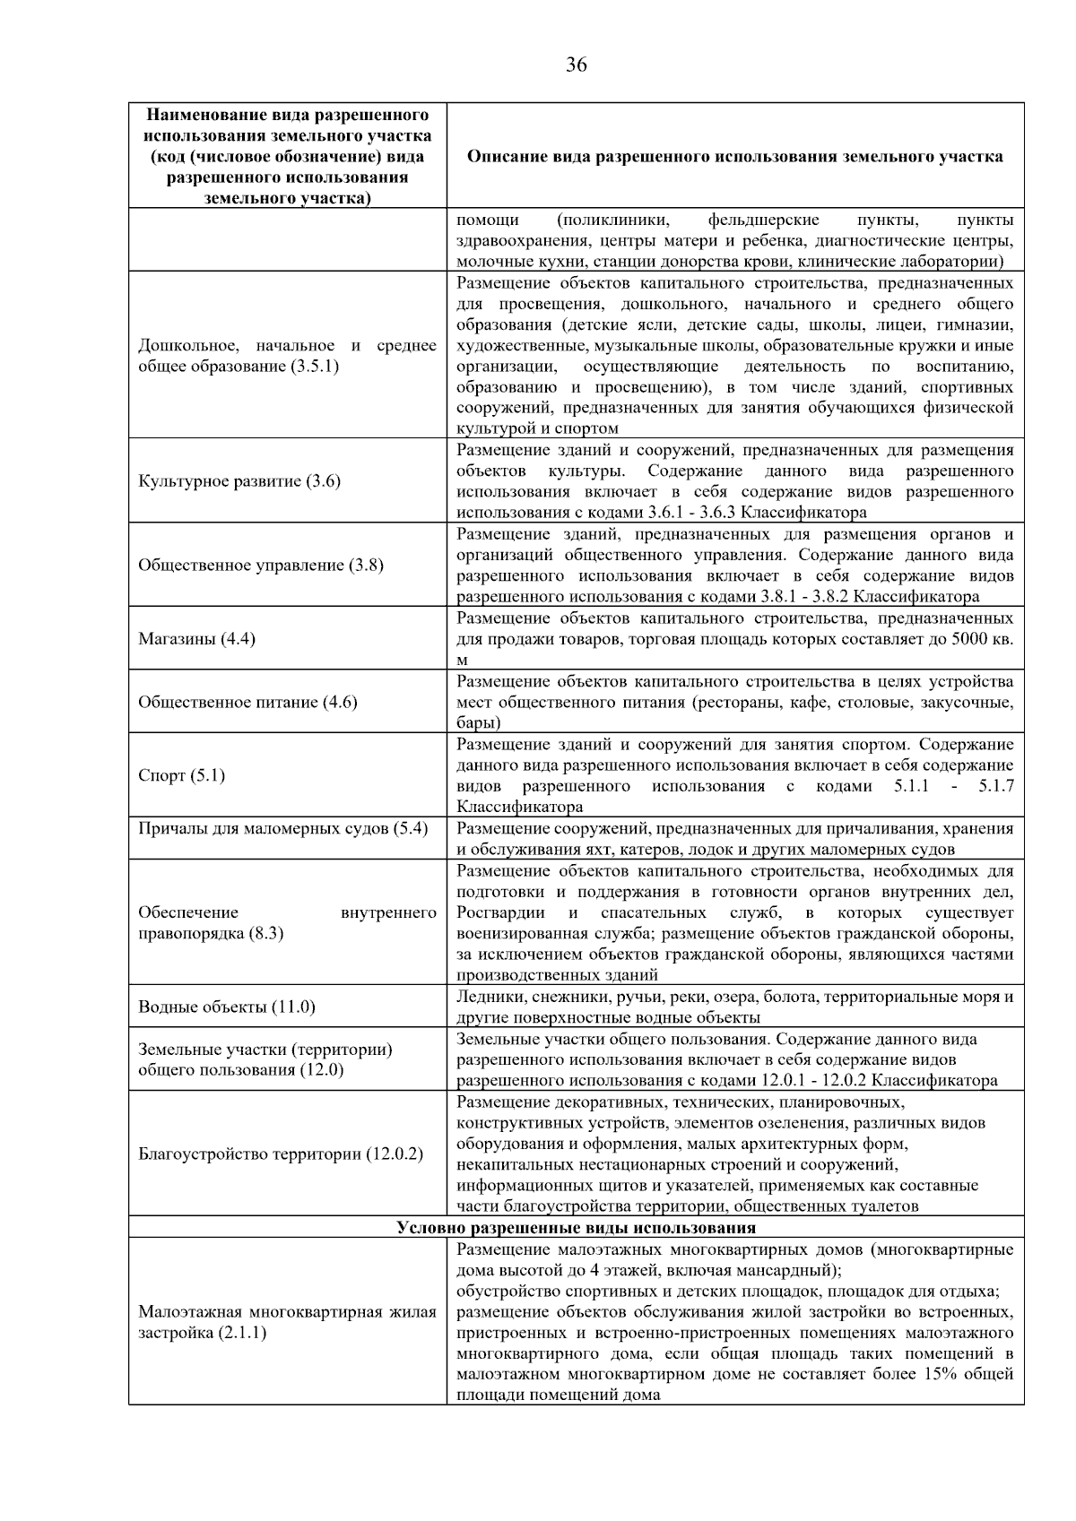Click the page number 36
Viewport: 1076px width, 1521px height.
click(x=577, y=65)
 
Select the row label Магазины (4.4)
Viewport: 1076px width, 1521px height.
click(x=196, y=639)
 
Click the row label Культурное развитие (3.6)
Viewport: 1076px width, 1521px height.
click(x=239, y=481)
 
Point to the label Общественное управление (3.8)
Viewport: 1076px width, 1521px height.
click(x=260, y=566)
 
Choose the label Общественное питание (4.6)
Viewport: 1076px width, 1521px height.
click(x=247, y=702)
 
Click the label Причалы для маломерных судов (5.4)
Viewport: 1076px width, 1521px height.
click(x=282, y=828)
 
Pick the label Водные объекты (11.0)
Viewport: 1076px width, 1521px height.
click(x=226, y=1007)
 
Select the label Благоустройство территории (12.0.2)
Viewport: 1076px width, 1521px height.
click(x=280, y=1154)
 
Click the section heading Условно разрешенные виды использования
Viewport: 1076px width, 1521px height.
click(x=576, y=1228)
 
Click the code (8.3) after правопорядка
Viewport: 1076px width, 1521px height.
click(x=266, y=933)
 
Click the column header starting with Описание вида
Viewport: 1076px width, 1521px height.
click(x=734, y=156)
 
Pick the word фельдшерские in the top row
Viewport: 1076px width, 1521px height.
click(x=763, y=220)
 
